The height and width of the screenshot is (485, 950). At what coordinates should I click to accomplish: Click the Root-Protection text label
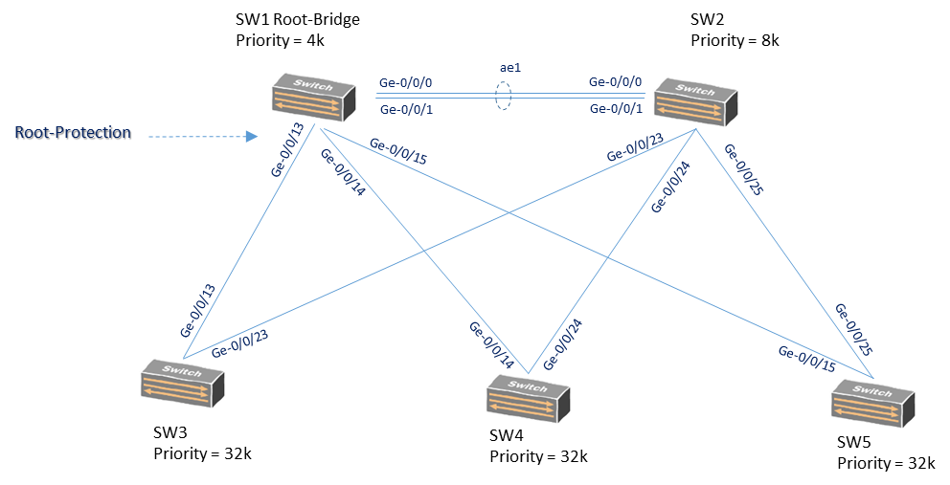[x=72, y=133]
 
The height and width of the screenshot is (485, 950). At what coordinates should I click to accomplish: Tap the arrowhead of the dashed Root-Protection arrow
[x=252, y=137]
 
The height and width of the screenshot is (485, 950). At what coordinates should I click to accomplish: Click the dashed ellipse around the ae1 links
[x=503, y=96]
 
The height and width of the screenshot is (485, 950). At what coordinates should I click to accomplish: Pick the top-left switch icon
[x=310, y=98]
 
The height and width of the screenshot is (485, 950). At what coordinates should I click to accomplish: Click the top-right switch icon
[x=695, y=101]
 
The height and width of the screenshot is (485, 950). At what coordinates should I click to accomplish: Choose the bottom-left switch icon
[x=181, y=383]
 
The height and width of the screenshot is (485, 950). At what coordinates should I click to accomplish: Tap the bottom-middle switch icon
[x=528, y=397]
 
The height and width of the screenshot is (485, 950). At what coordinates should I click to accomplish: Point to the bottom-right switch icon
[x=872, y=402]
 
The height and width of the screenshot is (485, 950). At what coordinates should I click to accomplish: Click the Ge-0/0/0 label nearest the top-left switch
[x=406, y=83]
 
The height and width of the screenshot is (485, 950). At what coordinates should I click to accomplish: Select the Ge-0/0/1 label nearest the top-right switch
[x=615, y=109]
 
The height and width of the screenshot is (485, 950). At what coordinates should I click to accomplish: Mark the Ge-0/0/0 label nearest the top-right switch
[x=615, y=83]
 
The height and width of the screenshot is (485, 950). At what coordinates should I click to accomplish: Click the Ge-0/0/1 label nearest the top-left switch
[x=406, y=109]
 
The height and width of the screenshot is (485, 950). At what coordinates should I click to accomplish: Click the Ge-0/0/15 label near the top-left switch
[x=397, y=151]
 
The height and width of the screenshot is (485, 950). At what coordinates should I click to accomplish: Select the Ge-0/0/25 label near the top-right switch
[x=743, y=169]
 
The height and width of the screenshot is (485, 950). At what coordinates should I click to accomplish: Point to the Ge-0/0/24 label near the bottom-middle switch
[x=563, y=343]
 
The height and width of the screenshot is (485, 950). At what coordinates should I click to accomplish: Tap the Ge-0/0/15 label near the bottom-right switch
[x=806, y=358]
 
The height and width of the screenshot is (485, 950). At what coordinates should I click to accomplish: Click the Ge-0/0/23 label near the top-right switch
[x=634, y=147]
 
